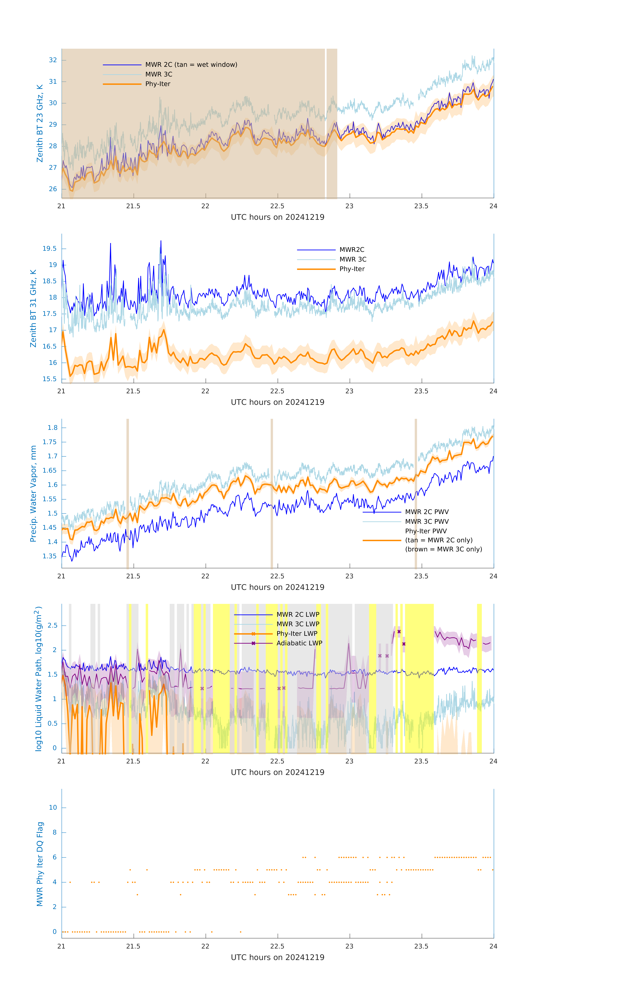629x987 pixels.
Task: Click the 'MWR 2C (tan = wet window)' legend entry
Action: (x=191, y=65)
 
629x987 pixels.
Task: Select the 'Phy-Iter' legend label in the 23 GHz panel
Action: (x=158, y=84)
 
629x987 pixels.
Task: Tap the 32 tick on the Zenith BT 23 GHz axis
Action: (x=53, y=60)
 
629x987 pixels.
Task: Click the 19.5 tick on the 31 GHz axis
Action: (x=50, y=249)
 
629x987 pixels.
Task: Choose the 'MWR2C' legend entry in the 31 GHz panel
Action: (x=352, y=250)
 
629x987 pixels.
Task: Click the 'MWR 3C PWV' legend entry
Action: (x=427, y=521)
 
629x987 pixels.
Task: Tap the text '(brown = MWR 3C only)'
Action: (x=443, y=549)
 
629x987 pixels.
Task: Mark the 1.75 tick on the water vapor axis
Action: (x=50, y=442)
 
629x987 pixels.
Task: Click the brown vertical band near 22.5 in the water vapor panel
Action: (x=272, y=492)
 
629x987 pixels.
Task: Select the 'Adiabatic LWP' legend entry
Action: (x=299, y=643)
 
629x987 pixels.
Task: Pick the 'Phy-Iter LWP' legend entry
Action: (x=297, y=634)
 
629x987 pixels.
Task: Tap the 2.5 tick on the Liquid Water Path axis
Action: (x=52, y=625)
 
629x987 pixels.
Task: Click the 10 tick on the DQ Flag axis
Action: (x=53, y=808)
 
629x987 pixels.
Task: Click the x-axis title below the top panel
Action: (x=277, y=217)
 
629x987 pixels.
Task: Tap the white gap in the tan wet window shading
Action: (x=326, y=123)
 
